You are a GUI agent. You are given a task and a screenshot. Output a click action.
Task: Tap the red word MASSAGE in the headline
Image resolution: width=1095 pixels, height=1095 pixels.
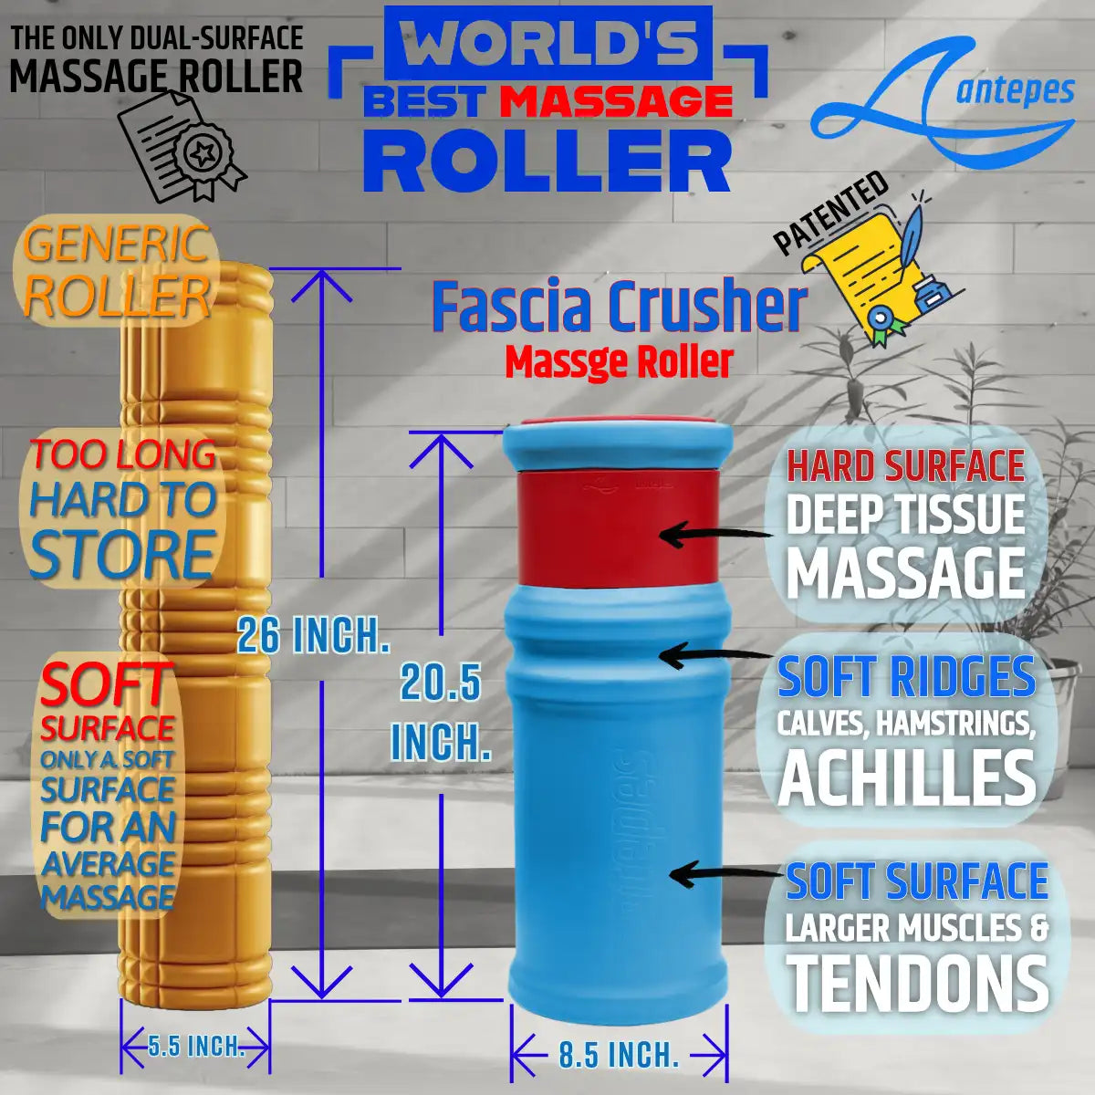pos(617,101)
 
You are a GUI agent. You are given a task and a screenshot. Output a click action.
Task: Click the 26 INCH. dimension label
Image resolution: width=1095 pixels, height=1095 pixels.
pos(313,635)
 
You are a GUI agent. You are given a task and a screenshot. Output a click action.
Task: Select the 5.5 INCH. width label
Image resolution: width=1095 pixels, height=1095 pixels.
pos(195,1045)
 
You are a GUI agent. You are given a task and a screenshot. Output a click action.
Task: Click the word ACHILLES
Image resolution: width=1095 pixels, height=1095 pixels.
pos(907,777)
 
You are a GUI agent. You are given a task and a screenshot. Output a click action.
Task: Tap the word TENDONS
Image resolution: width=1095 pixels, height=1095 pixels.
pos(917,984)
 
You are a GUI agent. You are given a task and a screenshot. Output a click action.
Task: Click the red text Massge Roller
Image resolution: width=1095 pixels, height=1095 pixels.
pos(620,362)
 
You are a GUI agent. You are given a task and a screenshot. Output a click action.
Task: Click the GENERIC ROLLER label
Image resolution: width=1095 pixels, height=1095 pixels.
pos(117,271)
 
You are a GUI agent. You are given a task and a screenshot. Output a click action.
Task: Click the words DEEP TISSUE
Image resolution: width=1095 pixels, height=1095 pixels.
pos(905,516)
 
